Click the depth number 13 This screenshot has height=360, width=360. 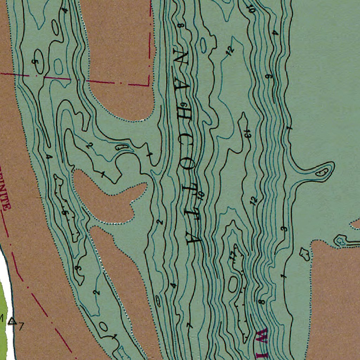(248, 133)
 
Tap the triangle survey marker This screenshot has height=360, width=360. (13, 321)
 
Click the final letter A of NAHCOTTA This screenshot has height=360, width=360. (193, 238)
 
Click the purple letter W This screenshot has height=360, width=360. (262, 336)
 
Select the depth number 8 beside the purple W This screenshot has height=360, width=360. (261, 302)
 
